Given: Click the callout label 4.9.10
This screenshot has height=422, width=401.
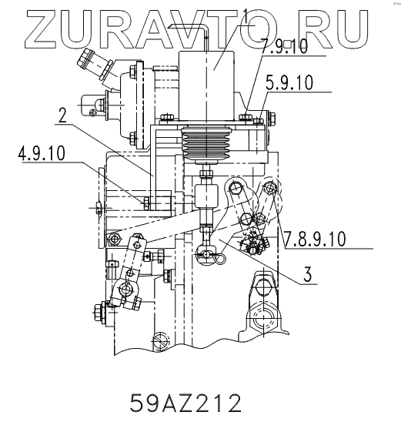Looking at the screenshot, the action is coord(42,153).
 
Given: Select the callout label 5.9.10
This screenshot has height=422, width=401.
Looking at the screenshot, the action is coord(289,82).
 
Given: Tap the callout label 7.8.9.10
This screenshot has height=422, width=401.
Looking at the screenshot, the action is coord(314,239).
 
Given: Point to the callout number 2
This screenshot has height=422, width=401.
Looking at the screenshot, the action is coord(62,116).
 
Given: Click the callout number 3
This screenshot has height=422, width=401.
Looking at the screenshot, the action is coord(307,274).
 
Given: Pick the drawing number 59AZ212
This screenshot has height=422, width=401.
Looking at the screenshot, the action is coord(185,403).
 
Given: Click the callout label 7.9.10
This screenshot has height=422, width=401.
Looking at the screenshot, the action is coord(284,46).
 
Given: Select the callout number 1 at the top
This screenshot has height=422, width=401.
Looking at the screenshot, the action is coord(246,16).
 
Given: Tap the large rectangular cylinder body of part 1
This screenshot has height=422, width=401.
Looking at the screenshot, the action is coord(206,85).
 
